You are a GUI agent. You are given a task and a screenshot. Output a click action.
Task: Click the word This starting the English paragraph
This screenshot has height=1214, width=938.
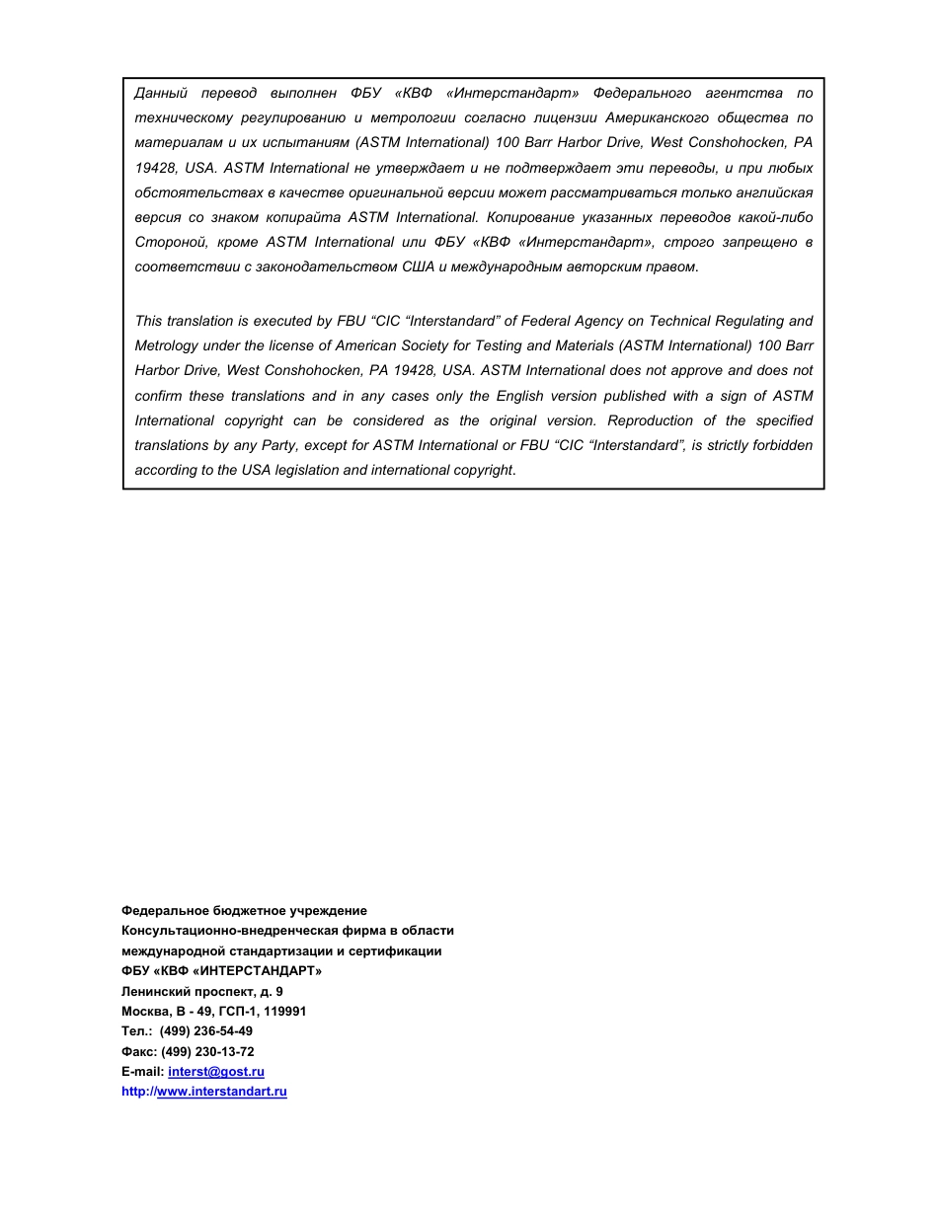148,321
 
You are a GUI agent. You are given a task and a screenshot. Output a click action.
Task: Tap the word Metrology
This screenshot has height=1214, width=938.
166,345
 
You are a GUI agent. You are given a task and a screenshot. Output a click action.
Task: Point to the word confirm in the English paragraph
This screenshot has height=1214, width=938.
159,396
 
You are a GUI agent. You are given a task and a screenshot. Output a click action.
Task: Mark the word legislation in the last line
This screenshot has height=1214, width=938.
304,470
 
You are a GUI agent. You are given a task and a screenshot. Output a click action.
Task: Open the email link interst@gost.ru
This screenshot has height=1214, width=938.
216,1072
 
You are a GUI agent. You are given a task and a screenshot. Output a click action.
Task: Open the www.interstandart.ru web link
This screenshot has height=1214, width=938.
221,1092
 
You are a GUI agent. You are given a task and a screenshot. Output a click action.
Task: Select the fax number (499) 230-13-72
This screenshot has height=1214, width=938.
214,1052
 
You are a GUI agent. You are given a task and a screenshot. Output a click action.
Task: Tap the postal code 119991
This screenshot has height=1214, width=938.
285,1012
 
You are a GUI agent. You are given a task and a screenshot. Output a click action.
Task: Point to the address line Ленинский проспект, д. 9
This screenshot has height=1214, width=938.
202,991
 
